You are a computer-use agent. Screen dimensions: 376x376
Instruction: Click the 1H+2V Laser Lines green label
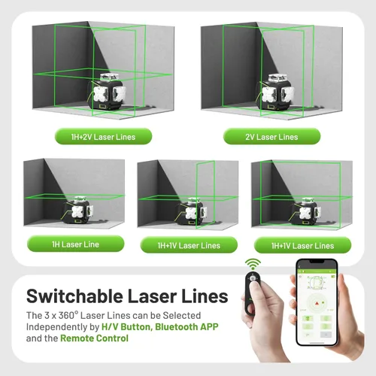coord(102,137)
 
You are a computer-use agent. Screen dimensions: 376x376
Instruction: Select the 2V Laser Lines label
coord(271,137)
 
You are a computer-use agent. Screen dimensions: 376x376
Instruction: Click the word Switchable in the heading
coord(71,296)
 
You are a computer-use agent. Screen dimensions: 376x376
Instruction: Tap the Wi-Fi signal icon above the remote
coord(253,265)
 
